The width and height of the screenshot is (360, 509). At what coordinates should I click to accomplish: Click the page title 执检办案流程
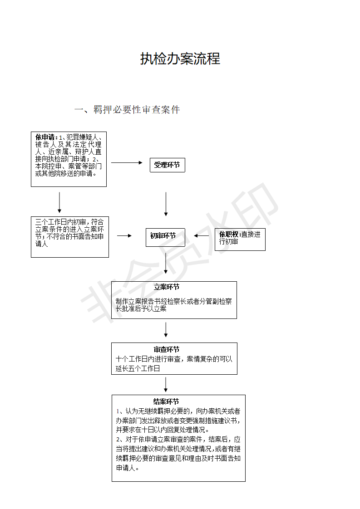(x=180, y=59)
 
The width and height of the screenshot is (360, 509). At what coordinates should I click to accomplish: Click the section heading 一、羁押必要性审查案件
(x=127, y=110)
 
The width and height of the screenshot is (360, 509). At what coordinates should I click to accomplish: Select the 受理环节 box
(x=168, y=165)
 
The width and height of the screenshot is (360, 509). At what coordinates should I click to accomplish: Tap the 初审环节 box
(x=165, y=237)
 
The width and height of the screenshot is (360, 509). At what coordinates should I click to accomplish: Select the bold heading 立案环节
(x=167, y=287)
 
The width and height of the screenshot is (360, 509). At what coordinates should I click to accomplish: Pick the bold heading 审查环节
(x=167, y=350)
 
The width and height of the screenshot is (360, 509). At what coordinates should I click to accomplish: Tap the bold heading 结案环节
(x=166, y=401)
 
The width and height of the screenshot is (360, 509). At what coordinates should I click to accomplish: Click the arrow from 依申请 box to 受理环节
(x=127, y=162)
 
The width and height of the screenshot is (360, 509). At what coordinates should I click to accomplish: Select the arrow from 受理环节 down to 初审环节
(x=166, y=204)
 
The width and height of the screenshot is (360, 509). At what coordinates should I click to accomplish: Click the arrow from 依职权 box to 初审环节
(x=202, y=235)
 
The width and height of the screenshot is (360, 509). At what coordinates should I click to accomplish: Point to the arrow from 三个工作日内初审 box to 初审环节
(x=124, y=235)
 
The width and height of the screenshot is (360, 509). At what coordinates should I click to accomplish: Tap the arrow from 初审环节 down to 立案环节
(x=166, y=263)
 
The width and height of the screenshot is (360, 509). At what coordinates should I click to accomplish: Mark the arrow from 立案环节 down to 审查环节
(x=166, y=329)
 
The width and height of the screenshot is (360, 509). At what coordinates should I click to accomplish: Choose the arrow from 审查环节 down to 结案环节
(x=166, y=385)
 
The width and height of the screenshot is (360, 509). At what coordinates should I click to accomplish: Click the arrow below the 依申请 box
(x=59, y=202)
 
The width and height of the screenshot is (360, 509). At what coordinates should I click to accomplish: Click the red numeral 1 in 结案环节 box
(x=118, y=411)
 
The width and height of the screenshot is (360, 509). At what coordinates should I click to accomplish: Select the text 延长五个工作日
(x=138, y=368)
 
